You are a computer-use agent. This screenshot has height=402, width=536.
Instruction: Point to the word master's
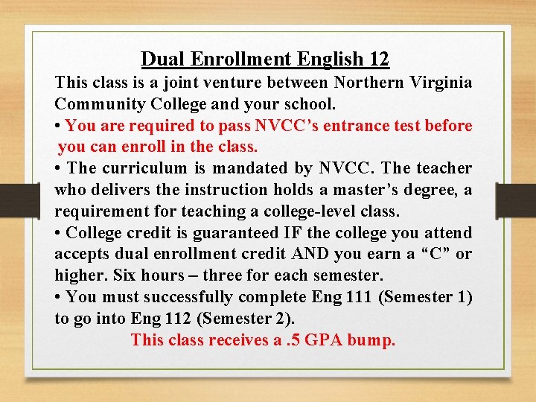[368, 190]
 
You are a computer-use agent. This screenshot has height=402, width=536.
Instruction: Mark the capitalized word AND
[298, 255]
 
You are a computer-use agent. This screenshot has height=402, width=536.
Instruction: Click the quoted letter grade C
[427, 255]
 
